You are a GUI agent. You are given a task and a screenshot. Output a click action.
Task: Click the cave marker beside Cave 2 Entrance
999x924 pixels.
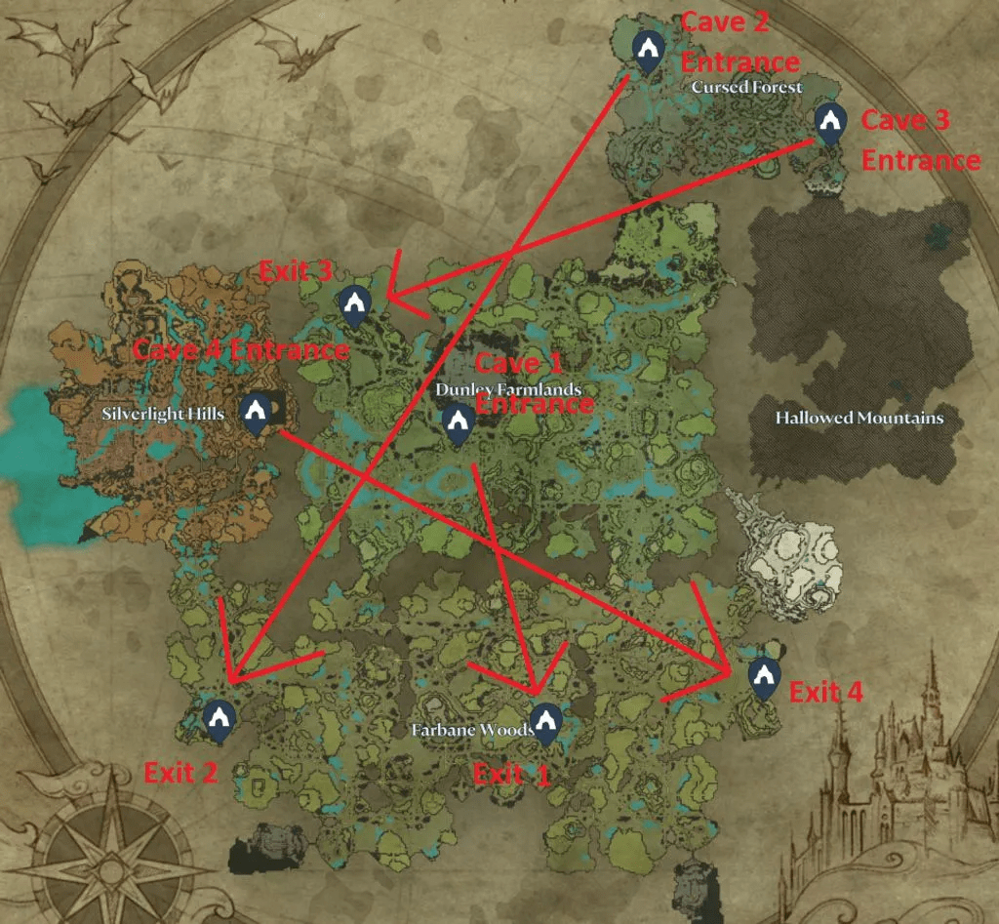[x=647, y=51]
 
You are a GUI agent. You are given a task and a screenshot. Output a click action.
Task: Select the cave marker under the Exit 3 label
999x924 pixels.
[x=353, y=305]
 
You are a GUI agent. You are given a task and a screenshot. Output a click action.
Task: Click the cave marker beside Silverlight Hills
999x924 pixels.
[x=257, y=414]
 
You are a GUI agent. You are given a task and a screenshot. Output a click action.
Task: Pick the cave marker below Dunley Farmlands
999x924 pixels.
[x=458, y=424]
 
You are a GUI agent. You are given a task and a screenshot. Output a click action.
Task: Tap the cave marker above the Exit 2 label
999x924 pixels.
[x=217, y=720]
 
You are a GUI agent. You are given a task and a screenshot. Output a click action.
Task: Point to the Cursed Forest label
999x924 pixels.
[x=746, y=88]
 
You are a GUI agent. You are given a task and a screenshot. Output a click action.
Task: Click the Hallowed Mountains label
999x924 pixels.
[x=859, y=418]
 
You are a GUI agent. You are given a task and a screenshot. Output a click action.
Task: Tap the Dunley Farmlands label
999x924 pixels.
[x=508, y=389]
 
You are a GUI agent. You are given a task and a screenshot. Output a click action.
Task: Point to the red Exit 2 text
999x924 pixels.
[x=180, y=773]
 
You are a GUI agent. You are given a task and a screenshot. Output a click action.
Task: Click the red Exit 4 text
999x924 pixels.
[x=825, y=693]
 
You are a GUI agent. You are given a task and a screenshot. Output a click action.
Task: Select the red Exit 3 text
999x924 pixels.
[x=296, y=271]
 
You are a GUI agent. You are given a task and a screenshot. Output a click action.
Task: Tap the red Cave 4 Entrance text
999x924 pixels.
[x=240, y=349]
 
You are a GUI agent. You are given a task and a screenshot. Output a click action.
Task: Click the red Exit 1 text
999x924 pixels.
[x=511, y=775]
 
